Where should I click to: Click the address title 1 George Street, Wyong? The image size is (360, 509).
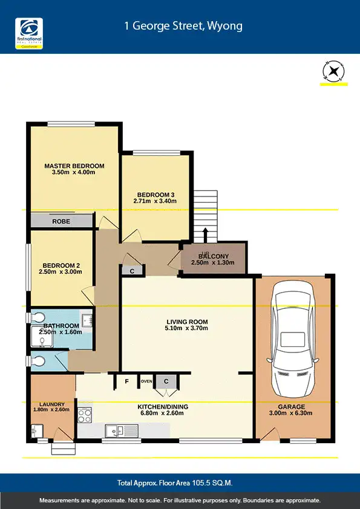coord(183,26)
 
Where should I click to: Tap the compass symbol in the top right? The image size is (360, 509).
coord(332,72)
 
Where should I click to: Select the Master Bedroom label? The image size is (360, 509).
coord(74,166)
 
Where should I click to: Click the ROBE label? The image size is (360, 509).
coord(61,222)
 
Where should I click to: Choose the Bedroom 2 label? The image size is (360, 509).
coord(61,265)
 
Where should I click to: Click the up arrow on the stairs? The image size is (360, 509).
coord(205,234)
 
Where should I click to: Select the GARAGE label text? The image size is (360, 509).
coord(292,407)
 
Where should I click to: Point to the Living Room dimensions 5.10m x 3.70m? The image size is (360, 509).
coord(187,329)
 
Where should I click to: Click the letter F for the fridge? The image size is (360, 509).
coord(126,381)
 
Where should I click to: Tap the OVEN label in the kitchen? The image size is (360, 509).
coord(146,381)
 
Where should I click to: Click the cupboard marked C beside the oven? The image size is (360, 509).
coord(165,381)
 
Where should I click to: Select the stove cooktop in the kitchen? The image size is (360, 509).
coord(85,416)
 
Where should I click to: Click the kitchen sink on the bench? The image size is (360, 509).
coord(116,431)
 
